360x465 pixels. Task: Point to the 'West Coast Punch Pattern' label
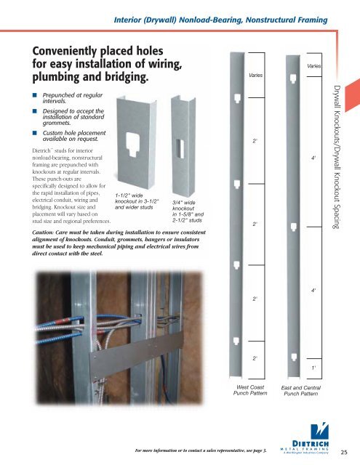(x=239, y=393)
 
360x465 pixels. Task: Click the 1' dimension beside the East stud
(x=313, y=369)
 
